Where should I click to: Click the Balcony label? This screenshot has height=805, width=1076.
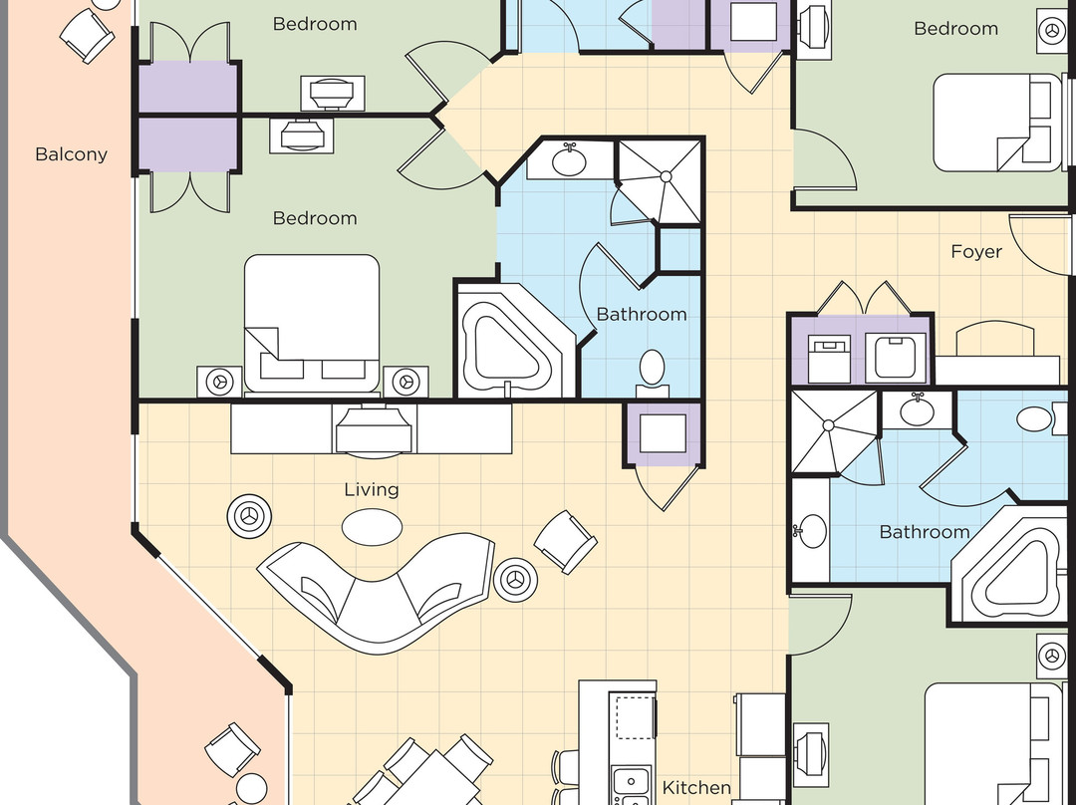71,154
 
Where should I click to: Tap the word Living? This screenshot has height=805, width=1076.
371,489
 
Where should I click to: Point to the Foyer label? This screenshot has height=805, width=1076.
975,252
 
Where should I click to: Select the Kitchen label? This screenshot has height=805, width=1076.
696,788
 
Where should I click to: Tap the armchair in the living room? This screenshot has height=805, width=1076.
566,542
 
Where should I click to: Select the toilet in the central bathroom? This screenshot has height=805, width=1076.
653,368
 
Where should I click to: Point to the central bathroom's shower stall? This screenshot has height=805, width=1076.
660,180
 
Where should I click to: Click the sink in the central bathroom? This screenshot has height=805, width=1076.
569,160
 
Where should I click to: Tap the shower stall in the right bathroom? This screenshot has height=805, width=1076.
831,430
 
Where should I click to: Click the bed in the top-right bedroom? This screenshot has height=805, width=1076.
996,125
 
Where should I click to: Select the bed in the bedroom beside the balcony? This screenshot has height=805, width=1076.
312,324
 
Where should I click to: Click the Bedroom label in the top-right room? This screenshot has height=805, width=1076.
955,29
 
